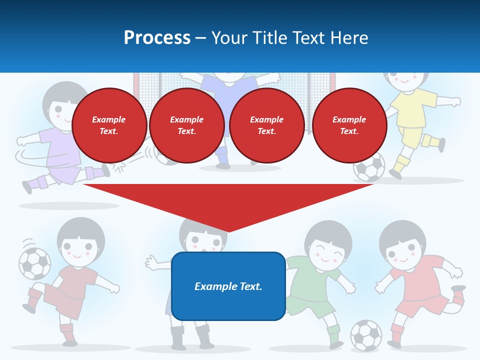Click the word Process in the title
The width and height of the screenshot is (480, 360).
[x=157, y=38]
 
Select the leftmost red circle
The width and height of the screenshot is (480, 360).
[x=109, y=125]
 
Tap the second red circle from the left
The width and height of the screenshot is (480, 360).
[x=186, y=125]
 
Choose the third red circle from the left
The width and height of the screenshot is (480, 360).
[x=266, y=125]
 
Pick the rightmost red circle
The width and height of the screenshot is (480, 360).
[x=349, y=125]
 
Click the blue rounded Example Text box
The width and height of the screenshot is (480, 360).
[x=228, y=286]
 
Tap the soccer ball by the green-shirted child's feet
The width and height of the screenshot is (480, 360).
[x=365, y=334]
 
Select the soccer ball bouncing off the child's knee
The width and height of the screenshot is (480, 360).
[x=34, y=263]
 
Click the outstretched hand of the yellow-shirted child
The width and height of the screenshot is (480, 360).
[x=455, y=102]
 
